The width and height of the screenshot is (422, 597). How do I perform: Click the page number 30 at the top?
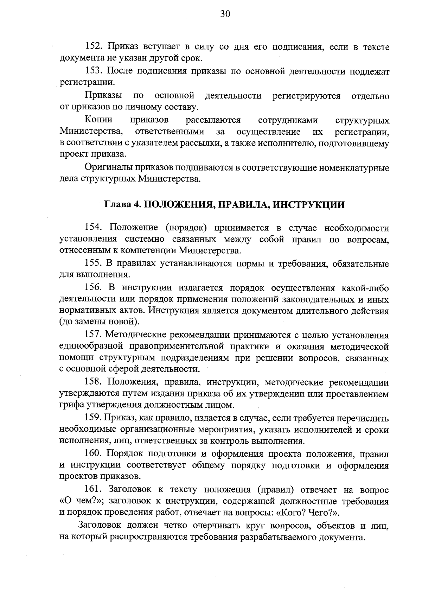coord(225,14)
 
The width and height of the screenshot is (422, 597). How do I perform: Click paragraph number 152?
coord(94,46)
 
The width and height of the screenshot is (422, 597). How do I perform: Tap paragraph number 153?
coord(94,71)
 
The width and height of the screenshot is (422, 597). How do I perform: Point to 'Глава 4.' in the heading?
coord(122,205)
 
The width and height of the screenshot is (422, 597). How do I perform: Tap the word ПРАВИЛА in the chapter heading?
coord(241,205)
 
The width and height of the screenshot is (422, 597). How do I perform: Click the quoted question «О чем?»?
coord(79,501)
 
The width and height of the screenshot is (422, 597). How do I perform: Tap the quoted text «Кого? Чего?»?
coord(308,513)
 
